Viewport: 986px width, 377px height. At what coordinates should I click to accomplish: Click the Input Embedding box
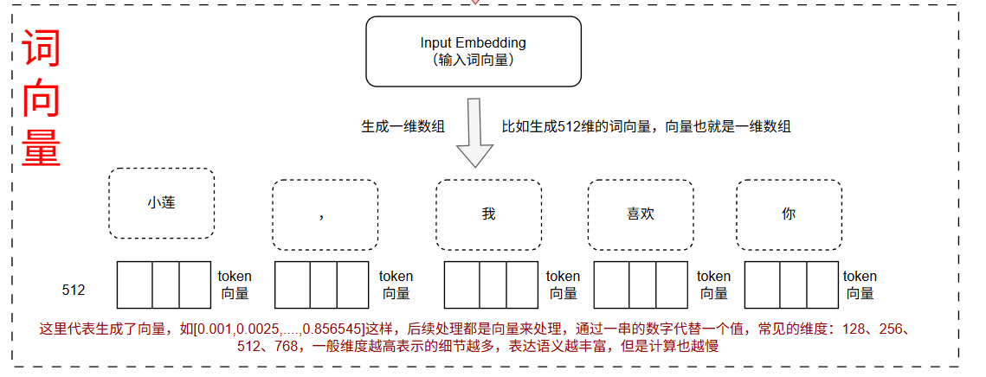point(473,51)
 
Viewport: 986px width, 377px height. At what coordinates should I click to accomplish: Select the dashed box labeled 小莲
point(161,203)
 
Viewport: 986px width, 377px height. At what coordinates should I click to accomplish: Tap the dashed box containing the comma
point(325,214)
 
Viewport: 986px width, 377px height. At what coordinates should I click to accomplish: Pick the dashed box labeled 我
point(488,214)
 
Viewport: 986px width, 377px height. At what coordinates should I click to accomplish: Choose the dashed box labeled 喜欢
point(641,214)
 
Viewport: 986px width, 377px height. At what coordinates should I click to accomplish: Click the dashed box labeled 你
point(788,214)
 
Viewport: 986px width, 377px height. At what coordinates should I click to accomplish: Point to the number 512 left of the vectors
point(74,291)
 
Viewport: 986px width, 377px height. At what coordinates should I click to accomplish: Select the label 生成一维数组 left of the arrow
point(403,126)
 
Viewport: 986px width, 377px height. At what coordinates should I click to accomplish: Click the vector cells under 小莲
point(164,284)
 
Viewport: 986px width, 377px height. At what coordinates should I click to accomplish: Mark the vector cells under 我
point(490,284)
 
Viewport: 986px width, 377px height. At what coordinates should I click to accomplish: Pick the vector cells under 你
point(790,284)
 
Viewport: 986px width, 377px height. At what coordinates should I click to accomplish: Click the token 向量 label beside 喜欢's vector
point(714,284)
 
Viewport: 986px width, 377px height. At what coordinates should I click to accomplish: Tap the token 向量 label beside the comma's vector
point(396,284)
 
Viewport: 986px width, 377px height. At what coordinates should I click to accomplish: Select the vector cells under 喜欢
point(641,284)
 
